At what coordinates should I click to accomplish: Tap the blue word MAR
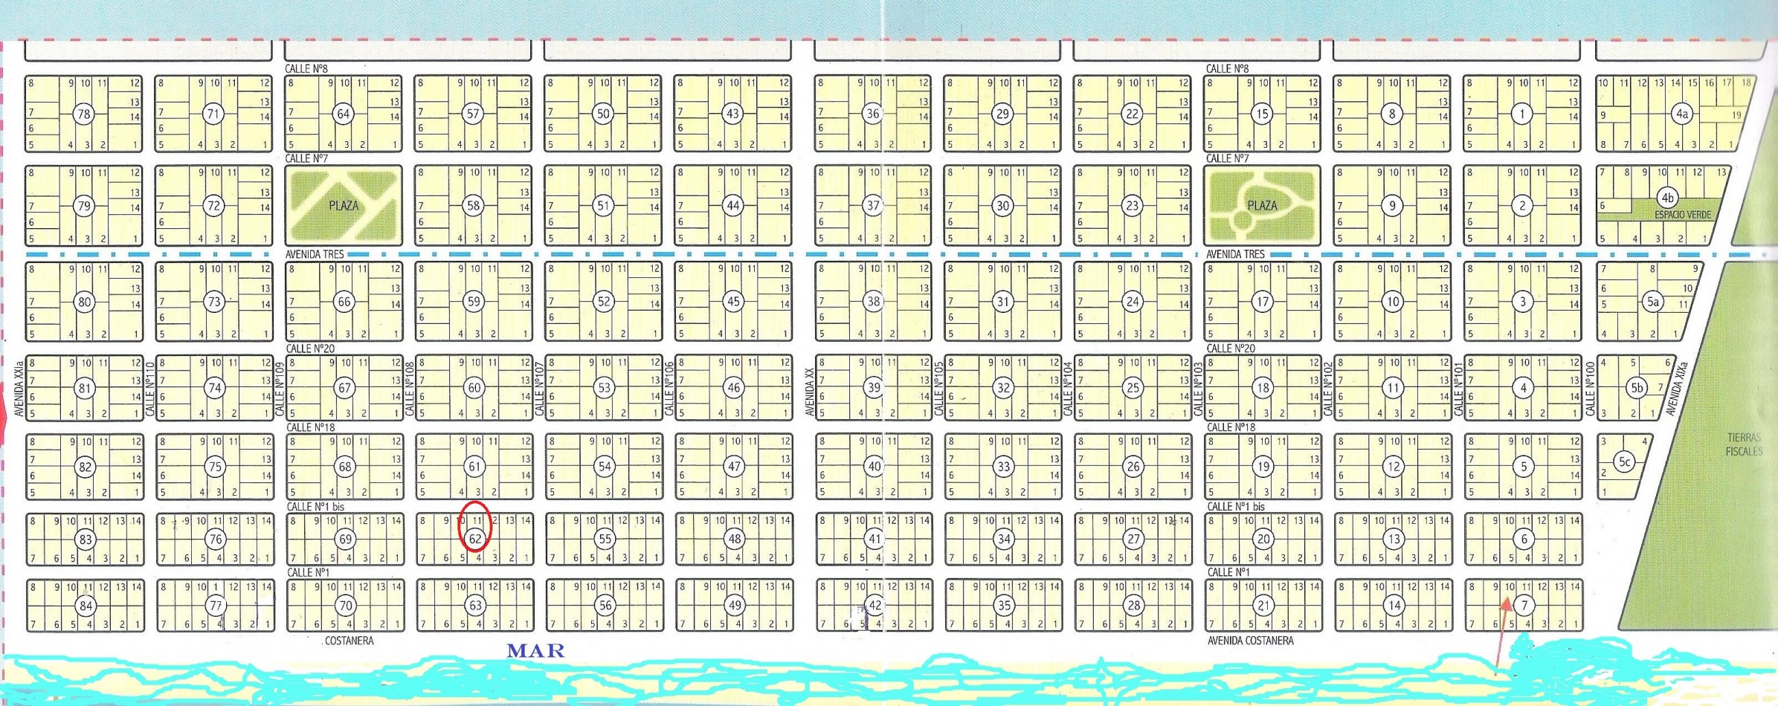pyautogui.click(x=535, y=651)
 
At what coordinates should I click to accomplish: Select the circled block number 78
pyautogui.click(x=83, y=114)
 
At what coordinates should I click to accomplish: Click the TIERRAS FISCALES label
pyautogui.click(x=1744, y=444)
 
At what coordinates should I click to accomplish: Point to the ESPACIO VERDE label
pyautogui.click(x=1682, y=215)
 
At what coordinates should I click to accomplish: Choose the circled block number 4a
pyautogui.click(x=1681, y=114)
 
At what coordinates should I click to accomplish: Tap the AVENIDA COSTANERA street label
pyautogui.click(x=1250, y=641)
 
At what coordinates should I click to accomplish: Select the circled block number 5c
pyautogui.click(x=1625, y=462)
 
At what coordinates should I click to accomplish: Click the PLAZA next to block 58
pyautogui.click(x=344, y=206)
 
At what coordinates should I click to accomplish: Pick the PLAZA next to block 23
pyautogui.click(x=1262, y=206)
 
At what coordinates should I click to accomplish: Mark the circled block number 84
pyautogui.click(x=86, y=606)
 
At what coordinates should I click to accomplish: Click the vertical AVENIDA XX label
pyautogui.click(x=810, y=392)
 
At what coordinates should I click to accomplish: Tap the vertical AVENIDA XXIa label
pyautogui.click(x=19, y=389)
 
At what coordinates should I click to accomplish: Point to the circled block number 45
pyautogui.click(x=733, y=302)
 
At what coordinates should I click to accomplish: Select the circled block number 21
pyautogui.click(x=1263, y=606)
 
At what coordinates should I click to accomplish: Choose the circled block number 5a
pyautogui.click(x=1652, y=302)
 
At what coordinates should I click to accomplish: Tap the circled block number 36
pyautogui.click(x=872, y=114)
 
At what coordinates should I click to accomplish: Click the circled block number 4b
pyautogui.click(x=1667, y=198)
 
